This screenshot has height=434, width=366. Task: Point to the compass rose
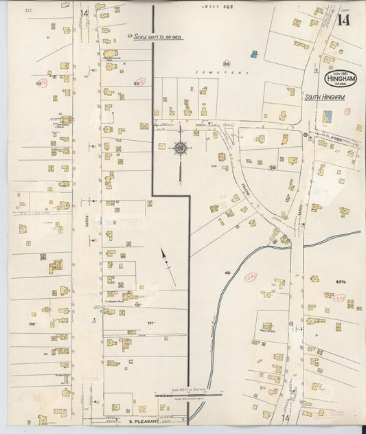tap(180, 147)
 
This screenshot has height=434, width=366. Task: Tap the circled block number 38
tap(226, 63)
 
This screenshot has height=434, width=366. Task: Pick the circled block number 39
tap(272, 168)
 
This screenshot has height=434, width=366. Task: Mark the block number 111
tap(150, 323)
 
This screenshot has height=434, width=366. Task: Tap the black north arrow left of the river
tap(168, 266)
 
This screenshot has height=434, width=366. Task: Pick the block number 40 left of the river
tap(227, 273)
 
